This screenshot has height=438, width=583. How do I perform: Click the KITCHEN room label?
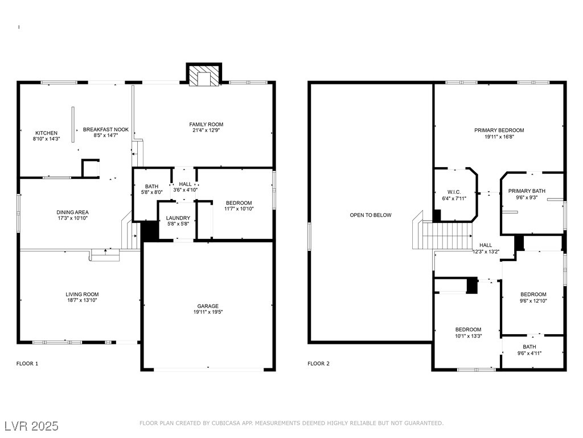tap(46, 133)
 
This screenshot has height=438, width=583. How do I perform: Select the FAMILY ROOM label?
tap(206, 124)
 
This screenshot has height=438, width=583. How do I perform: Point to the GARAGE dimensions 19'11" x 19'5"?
tap(207, 312)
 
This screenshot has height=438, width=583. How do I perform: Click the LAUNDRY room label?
tap(178, 218)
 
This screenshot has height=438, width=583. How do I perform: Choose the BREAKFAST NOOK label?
tap(105, 129)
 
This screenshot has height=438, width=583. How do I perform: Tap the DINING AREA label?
tap(72, 212)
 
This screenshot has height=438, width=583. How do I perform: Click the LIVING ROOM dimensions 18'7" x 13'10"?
tap(82, 300)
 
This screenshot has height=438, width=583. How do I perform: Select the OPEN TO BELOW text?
tap(370, 215)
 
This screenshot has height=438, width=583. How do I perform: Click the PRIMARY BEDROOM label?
tap(499, 131)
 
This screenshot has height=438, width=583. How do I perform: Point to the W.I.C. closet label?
tap(454, 192)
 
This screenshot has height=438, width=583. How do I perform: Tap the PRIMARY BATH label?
tap(527, 191)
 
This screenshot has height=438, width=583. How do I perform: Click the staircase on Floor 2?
tap(442, 235)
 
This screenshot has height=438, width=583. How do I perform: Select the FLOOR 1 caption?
tap(27, 363)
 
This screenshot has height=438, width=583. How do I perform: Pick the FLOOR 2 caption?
tap(318, 363)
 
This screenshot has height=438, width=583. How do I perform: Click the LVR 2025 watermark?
tap(32, 426)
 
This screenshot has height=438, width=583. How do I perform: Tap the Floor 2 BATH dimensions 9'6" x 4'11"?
tap(529, 353)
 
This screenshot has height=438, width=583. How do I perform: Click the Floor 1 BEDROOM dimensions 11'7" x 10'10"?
tap(239, 209)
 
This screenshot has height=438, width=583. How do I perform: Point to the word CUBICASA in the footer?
tap(225, 423)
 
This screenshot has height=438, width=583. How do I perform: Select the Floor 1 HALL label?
tap(185, 184)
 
